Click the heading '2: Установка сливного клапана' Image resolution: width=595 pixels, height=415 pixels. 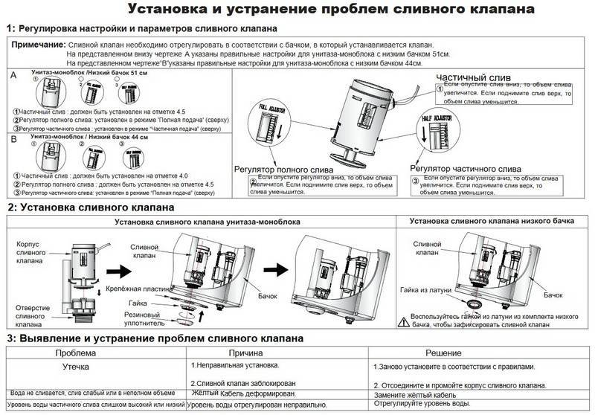(x=91, y=207)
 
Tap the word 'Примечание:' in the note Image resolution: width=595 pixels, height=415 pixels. (x=38, y=45)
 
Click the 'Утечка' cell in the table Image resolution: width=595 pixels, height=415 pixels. (x=74, y=367)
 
